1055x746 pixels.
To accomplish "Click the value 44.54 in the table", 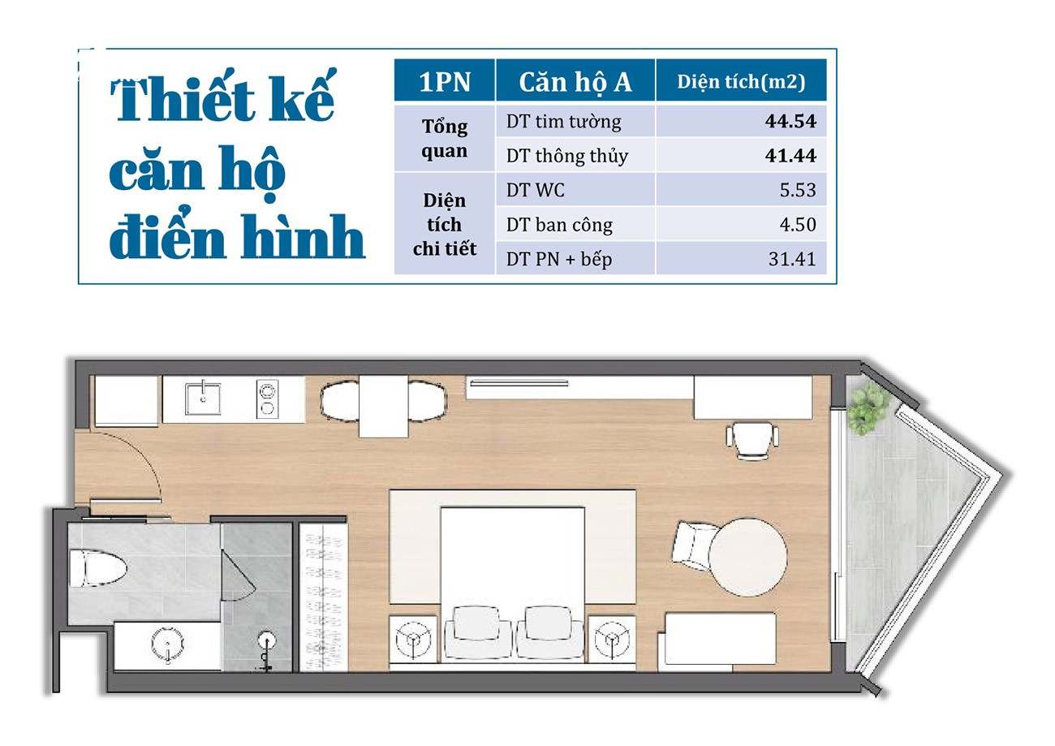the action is [x=790, y=122].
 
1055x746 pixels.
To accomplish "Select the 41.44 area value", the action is [x=790, y=156].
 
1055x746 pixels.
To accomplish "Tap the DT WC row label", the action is [x=535, y=190].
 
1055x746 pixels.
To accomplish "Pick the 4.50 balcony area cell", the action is [x=798, y=225].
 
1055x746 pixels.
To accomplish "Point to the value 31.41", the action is [x=792, y=259].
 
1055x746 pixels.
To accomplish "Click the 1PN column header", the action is [x=445, y=82].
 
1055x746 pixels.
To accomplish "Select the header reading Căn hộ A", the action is [x=575, y=83].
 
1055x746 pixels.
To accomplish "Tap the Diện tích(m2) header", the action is [x=741, y=82].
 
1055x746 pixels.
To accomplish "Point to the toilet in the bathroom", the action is [x=98, y=568].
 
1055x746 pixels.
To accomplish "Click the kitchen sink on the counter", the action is [x=203, y=399].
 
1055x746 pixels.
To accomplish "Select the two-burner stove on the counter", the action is [x=267, y=399].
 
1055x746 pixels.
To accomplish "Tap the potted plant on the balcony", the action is [x=868, y=407].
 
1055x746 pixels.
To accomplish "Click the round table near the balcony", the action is [x=747, y=557].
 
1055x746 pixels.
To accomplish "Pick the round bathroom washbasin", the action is [x=167, y=643].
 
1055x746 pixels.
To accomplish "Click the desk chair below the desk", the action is [x=751, y=440].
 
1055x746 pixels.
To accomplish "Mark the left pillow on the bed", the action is [x=476, y=623].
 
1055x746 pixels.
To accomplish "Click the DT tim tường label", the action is [x=564, y=122].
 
